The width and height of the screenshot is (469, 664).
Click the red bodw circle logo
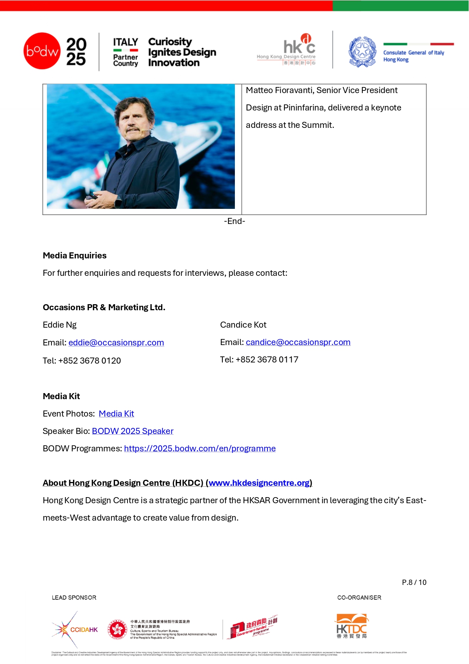pos(42,51)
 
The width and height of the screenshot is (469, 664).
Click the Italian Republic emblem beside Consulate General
pos(362,51)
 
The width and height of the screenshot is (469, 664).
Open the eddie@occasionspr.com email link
pos(116,343)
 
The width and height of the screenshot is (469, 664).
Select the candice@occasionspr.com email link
pos(298,342)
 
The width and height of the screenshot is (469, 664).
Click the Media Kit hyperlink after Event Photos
pos(116,414)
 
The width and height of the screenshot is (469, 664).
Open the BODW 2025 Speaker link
pos(133,431)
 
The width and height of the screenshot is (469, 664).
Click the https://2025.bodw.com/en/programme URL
pos(200,449)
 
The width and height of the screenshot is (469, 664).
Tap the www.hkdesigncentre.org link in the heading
pos(259,483)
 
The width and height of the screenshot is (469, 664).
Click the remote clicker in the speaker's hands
pos(90,197)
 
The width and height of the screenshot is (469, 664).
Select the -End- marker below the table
pos(234,221)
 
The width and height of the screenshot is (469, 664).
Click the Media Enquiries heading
pos(75,256)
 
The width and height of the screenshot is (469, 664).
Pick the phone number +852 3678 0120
pos(90,361)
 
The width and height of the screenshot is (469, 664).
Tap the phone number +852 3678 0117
pos(267,360)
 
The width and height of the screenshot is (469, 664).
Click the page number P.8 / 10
pos(414,582)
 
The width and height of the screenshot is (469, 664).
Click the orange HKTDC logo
pos(352,626)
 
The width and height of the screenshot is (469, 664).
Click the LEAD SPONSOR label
pos(74,598)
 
